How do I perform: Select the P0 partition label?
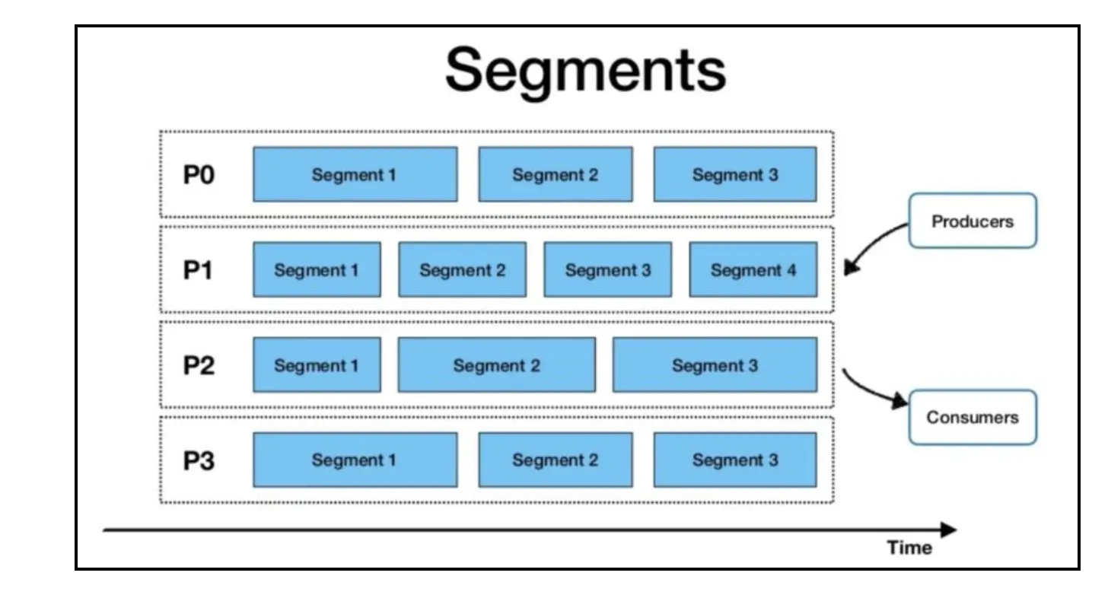[x=199, y=175]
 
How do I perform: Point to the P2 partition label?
[x=199, y=365]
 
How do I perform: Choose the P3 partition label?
[x=199, y=460]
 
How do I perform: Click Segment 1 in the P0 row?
[x=355, y=175]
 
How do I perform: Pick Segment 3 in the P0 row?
[x=734, y=175]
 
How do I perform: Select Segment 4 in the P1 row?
[x=753, y=270]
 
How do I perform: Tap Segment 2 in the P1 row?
[x=462, y=270]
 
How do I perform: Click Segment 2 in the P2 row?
[x=496, y=365]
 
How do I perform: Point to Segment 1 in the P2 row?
[x=317, y=365]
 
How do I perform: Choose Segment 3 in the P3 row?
[x=734, y=460]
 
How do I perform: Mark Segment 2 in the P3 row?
[x=555, y=460]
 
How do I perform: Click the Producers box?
[x=972, y=221]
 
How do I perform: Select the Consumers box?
[x=972, y=418]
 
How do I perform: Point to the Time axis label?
[x=909, y=548]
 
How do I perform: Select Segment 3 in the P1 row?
[x=607, y=270]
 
